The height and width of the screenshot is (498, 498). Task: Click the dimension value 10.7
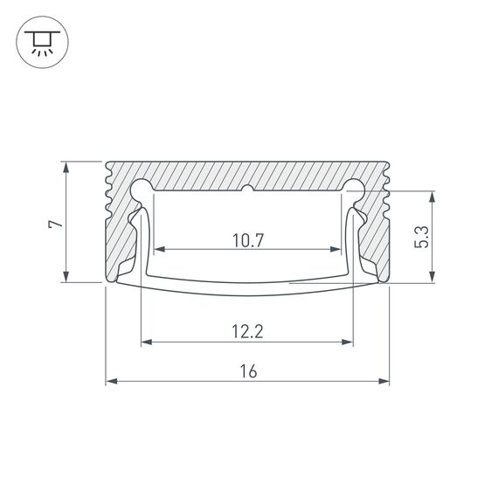pos(249,239)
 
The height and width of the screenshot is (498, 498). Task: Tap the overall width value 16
pos(248,371)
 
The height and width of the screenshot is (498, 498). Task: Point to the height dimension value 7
pos(55,224)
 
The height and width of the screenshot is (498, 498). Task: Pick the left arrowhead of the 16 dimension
pos(111,381)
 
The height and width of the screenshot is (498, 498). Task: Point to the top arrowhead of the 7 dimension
pos(66,166)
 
